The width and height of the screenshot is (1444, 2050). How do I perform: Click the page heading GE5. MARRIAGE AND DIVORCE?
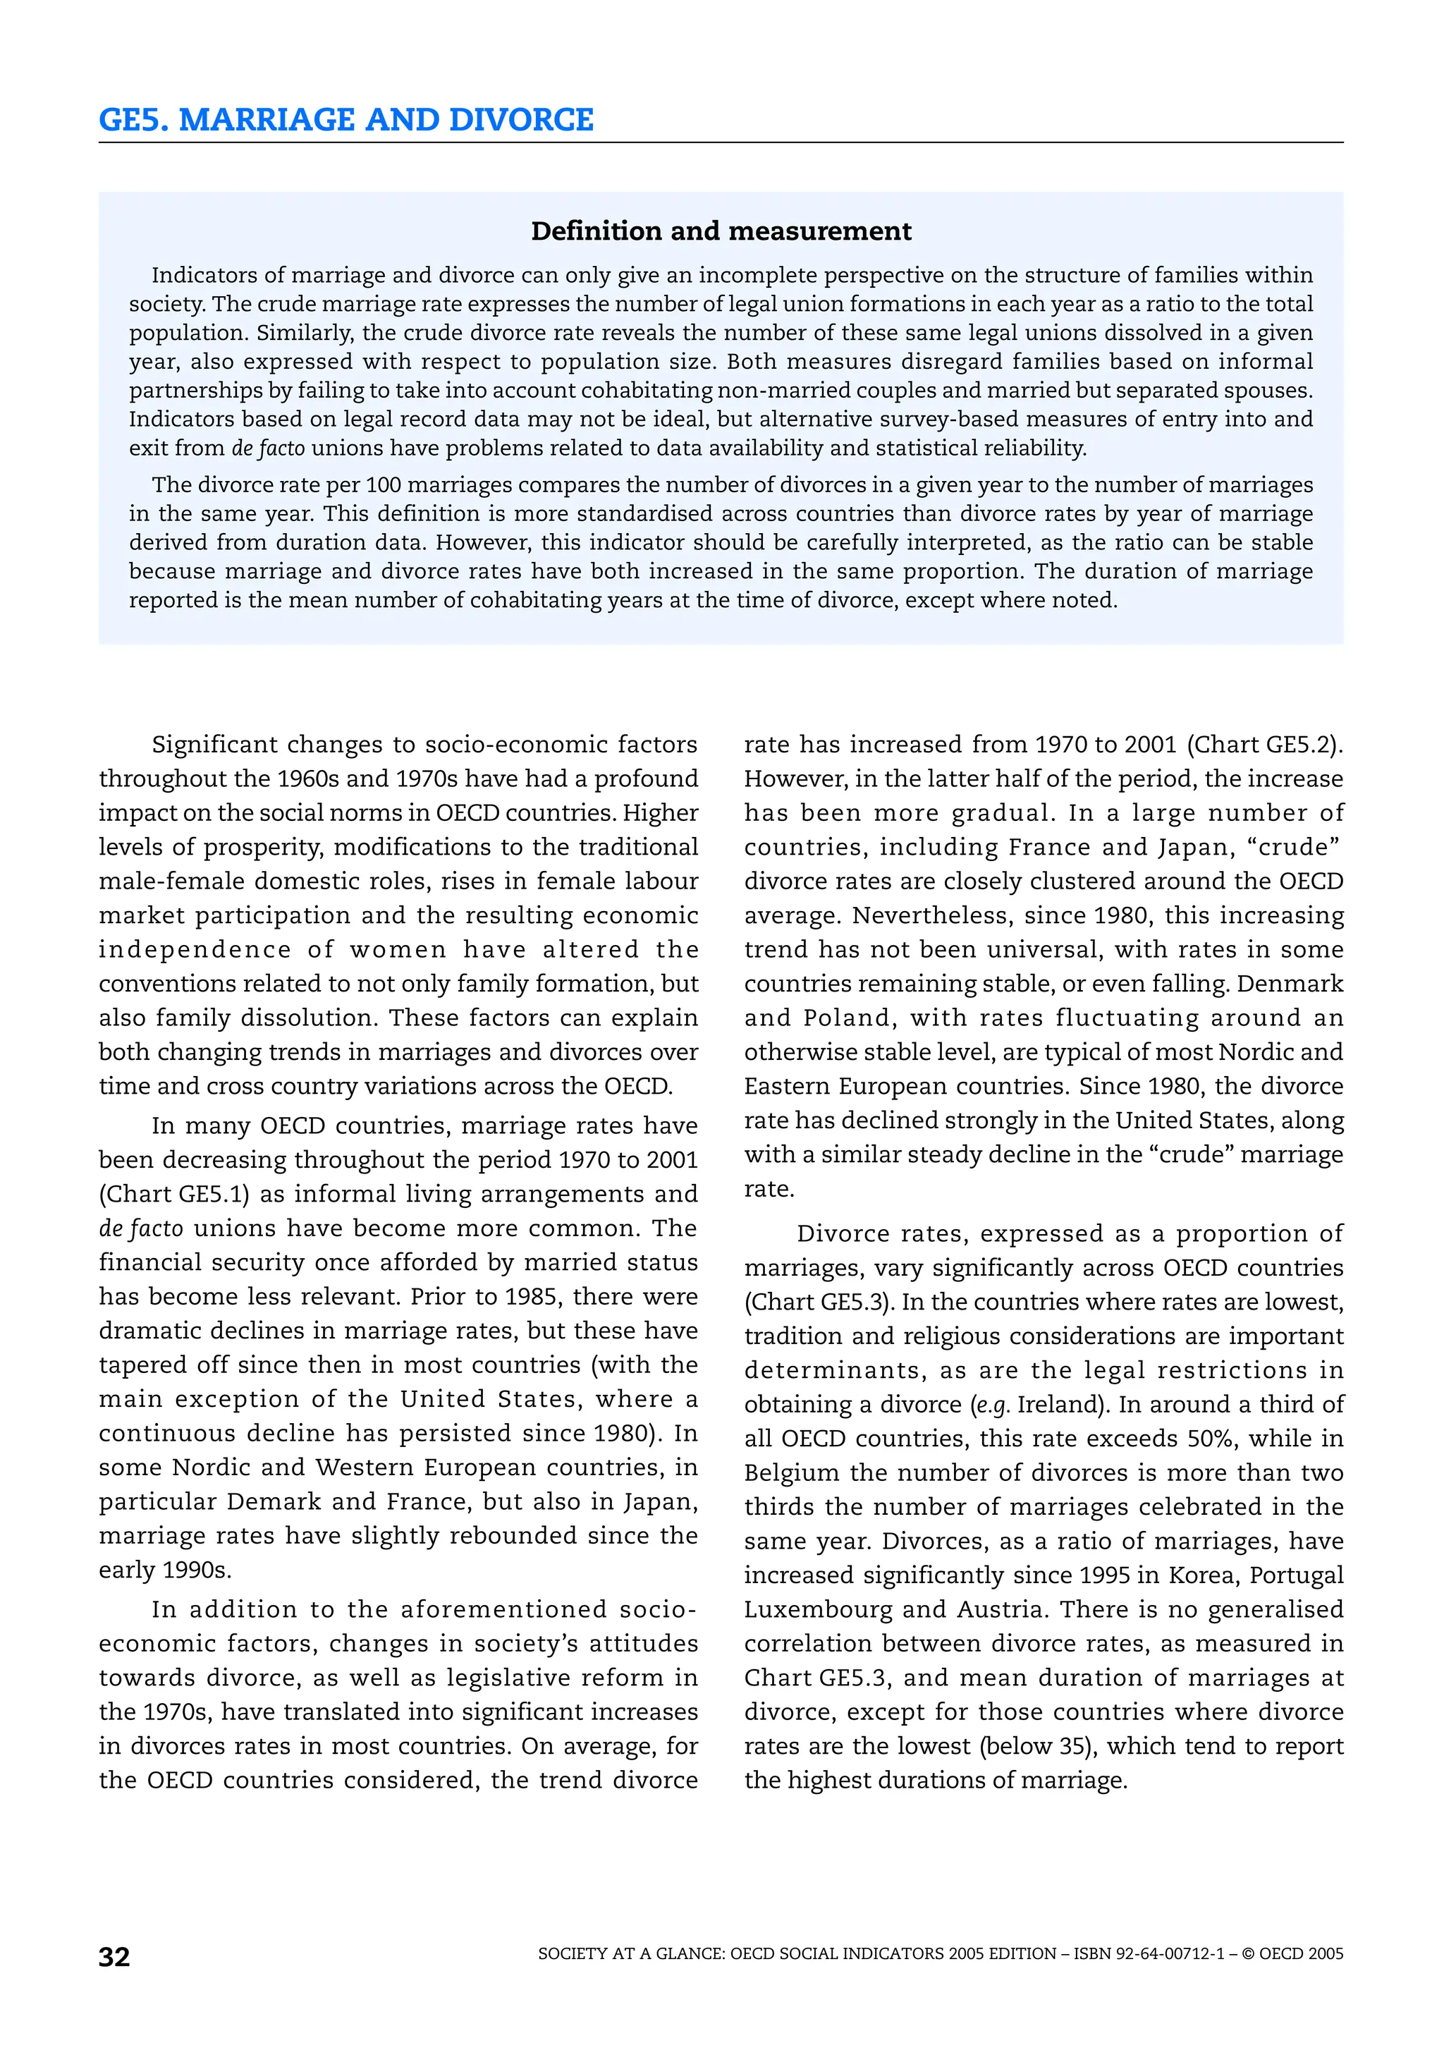(x=345, y=120)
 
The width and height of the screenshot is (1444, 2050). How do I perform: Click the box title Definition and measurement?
(x=721, y=231)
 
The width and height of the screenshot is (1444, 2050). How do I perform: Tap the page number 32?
(x=114, y=1956)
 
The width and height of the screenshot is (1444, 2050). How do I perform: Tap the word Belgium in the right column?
(x=792, y=1472)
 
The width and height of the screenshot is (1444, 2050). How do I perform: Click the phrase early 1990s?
(x=165, y=1570)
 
